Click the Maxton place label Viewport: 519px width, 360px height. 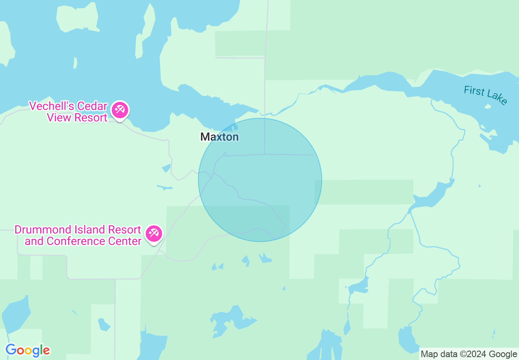tap(219, 137)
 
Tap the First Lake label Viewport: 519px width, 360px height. tap(486, 95)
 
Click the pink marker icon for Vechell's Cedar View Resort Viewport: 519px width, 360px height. tap(121, 110)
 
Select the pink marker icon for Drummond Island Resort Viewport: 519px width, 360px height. tap(154, 234)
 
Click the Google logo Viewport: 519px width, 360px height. tap(28, 350)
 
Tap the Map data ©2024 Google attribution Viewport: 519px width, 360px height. tap(469, 354)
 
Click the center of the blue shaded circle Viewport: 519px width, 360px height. tap(260, 180)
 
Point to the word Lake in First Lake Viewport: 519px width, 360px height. tap(498, 98)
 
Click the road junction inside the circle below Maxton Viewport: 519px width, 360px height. tap(264, 154)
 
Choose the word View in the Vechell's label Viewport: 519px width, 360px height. tap(57, 118)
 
